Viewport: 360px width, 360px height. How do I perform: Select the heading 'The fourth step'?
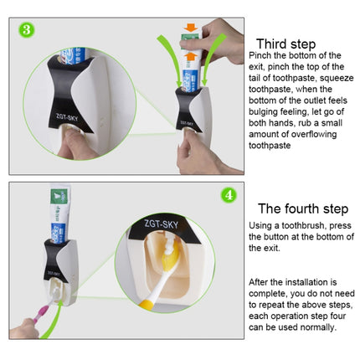click(x=300, y=208)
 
